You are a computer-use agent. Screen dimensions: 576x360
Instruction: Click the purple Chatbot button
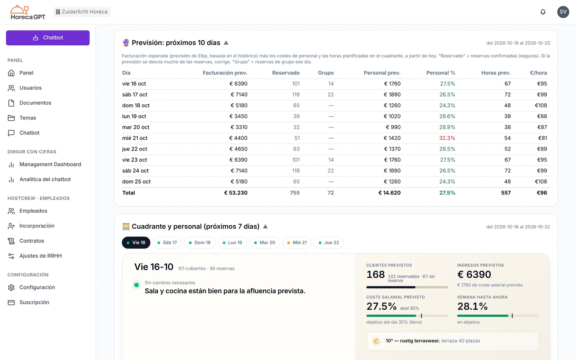(x=48, y=38)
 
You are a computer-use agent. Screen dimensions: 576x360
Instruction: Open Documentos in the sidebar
(x=35, y=103)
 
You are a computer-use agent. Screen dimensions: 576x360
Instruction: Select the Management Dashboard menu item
(x=50, y=164)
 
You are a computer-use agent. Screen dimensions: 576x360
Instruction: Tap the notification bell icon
(x=543, y=12)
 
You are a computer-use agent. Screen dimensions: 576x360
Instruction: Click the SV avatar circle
(x=563, y=12)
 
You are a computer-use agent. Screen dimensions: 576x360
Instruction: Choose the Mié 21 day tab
(x=297, y=243)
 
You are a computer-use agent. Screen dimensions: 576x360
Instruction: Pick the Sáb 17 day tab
(x=167, y=243)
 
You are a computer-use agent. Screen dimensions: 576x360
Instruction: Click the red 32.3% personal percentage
(x=447, y=138)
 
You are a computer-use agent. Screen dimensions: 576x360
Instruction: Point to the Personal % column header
(x=441, y=73)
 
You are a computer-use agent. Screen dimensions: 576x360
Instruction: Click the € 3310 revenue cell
(x=239, y=127)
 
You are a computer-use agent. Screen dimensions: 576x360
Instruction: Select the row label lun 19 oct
(x=134, y=116)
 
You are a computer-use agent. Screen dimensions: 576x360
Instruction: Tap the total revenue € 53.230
(x=235, y=193)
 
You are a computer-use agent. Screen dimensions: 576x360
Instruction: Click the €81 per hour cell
(x=542, y=138)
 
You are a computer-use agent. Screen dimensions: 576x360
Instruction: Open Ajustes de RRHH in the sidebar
(x=41, y=256)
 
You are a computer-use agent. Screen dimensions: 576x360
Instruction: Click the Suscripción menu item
(x=34, y=302)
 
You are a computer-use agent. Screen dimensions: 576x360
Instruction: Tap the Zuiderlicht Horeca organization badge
(x=82, y=12)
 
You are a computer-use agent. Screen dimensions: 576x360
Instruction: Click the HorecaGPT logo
(x=28, y=12)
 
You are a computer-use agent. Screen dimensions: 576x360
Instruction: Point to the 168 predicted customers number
(x=375, y=275)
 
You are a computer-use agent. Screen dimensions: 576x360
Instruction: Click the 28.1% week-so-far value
(x=472, y=306)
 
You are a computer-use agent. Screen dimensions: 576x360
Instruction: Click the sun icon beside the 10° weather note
(x=377, y=341)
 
